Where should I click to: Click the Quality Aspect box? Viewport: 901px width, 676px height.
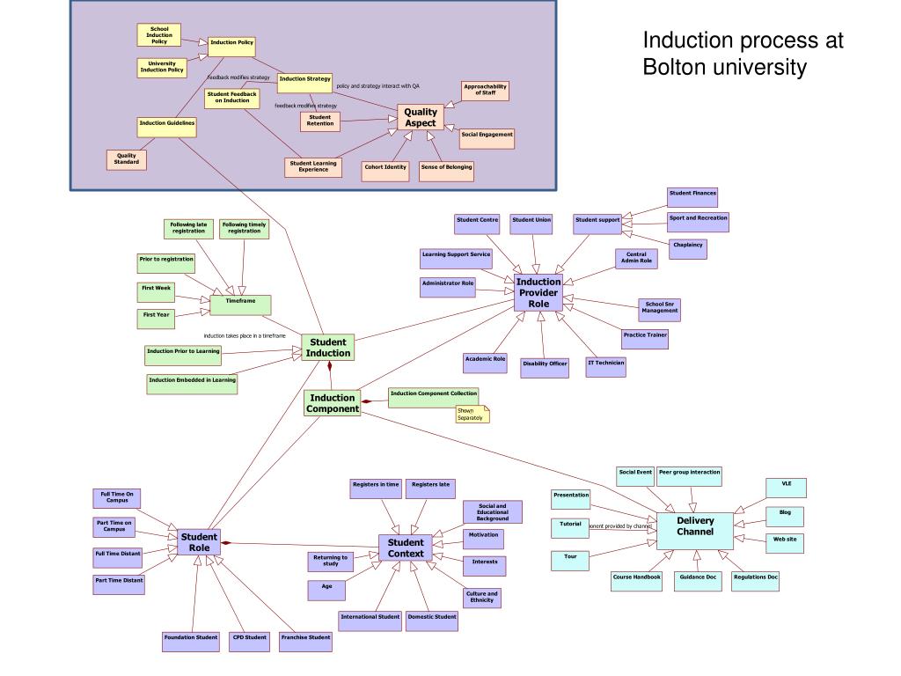(420, 117)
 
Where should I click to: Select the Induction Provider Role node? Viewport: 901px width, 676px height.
(538, 292)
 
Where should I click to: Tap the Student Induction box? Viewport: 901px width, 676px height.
(327, 348)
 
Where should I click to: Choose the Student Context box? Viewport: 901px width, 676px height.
(406, 547)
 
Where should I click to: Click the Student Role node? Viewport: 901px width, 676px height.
(199, 542)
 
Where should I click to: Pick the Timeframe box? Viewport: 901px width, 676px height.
(240, 305)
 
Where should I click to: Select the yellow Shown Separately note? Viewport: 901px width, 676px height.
(472, 414)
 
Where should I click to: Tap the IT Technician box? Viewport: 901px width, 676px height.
(606, 366)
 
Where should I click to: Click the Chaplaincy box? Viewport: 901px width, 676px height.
(687, 248)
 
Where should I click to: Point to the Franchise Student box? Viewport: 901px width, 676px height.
(305, 641)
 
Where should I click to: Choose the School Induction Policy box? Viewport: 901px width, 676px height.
(159, 35)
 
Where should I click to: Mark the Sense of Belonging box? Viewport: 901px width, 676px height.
(446, 170)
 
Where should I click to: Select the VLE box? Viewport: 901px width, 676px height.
(786, 487)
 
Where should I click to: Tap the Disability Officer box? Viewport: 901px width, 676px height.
(545, 367)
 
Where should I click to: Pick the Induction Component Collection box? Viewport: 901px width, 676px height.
(434, 397)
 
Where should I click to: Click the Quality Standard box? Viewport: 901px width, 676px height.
(127, 159)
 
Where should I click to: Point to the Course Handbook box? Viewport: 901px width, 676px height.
(636, 581)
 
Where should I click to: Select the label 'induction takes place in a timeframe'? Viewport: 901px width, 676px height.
(245, 335)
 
